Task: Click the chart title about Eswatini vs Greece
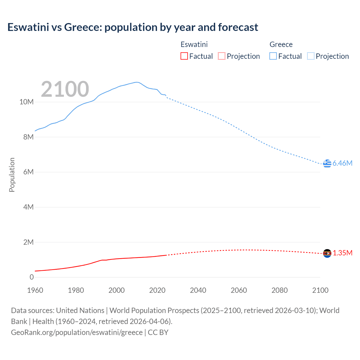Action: [133, 27]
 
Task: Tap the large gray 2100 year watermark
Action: [65, 89]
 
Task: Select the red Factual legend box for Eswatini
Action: [184, 56]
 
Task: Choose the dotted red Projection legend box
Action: [222, 56]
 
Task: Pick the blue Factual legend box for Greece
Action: [273, 56]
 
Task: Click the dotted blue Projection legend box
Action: [310, 56]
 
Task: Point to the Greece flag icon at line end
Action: [327, 163]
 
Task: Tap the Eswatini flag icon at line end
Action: [327, 253]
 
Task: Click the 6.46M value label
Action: [343, 163]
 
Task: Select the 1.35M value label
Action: [343, 253]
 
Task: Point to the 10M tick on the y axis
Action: [26, 102]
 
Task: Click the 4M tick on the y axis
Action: [28, 207]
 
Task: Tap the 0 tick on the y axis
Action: [31, 277]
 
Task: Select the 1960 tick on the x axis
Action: [35, 291]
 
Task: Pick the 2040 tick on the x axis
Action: [198, 291]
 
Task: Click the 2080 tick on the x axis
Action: [280, 291]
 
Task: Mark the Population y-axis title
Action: [12, 175]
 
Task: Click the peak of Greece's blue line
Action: [136, 82]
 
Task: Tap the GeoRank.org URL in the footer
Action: [77, 332]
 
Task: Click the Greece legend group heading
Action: [281, 44]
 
